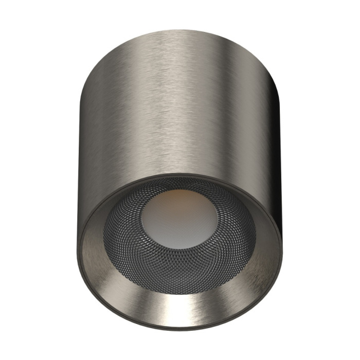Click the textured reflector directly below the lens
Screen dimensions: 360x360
tap(180, 262)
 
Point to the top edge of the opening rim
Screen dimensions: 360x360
tap(180, 175)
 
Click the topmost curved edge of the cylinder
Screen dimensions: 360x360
tap(180, 31)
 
